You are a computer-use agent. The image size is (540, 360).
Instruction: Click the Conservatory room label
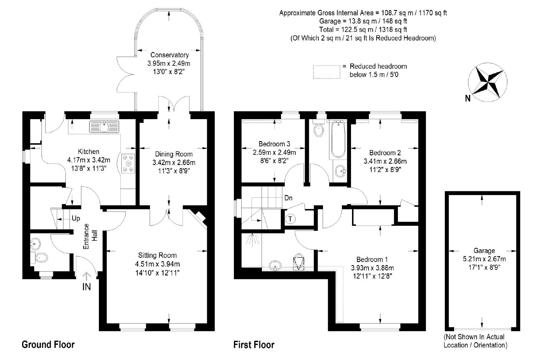[x=169, y=55]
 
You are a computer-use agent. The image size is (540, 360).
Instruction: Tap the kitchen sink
[x=104, y=127]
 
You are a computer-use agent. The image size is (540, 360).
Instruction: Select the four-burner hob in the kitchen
[x=128, y=164]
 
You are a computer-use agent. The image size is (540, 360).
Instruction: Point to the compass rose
[x=487, y=82]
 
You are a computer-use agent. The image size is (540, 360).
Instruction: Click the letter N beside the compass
[x=467, y=98]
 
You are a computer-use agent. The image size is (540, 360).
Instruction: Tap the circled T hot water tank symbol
[x=290, y=219]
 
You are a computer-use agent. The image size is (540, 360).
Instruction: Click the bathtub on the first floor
[x=338, y=140]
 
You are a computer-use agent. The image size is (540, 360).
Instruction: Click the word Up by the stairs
[x=76, y=218]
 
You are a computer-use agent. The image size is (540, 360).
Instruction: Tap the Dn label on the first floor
[x=288, y=198]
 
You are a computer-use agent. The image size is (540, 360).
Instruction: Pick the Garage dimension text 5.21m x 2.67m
[x=484, y=259]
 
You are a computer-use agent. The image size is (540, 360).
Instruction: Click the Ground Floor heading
[x=48, y=344]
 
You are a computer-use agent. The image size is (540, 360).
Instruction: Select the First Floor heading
[x=254, y=345]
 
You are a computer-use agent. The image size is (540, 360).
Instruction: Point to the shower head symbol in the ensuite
[x=252, y=240]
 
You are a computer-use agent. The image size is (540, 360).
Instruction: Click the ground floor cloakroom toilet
[x=39, y=257]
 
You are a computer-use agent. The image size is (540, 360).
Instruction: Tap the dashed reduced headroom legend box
[x=326, y=72]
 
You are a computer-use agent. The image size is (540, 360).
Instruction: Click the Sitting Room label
[x=157, y=255]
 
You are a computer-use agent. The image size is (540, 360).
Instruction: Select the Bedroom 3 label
[x=274, y=144]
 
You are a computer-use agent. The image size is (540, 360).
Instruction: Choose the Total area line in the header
[x=363, y=29]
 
